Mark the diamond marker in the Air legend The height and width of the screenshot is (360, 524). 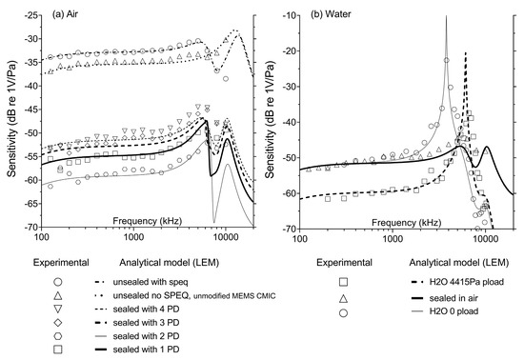(58, 324)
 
